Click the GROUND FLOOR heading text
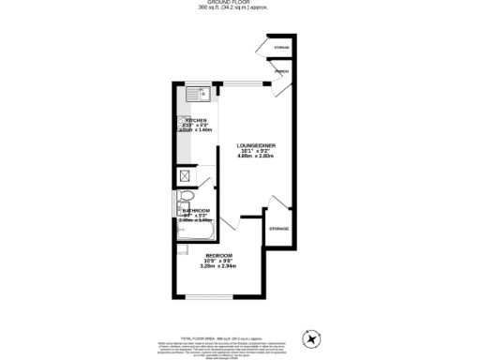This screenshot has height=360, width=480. [241, 3]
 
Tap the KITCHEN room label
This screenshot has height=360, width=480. [196, 121]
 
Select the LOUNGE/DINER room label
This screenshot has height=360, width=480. [256, 147]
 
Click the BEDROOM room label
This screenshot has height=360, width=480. [218, 255]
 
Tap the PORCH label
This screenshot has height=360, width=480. [280, 72]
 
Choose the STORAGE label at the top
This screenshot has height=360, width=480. [280, 47]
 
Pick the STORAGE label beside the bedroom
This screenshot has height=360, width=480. [278, 229]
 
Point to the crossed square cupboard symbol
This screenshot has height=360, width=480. [185, 175]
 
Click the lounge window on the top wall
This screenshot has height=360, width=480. [242, 83]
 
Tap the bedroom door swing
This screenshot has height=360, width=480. [231, 223]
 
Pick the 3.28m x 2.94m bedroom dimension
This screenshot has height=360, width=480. [218, 266]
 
